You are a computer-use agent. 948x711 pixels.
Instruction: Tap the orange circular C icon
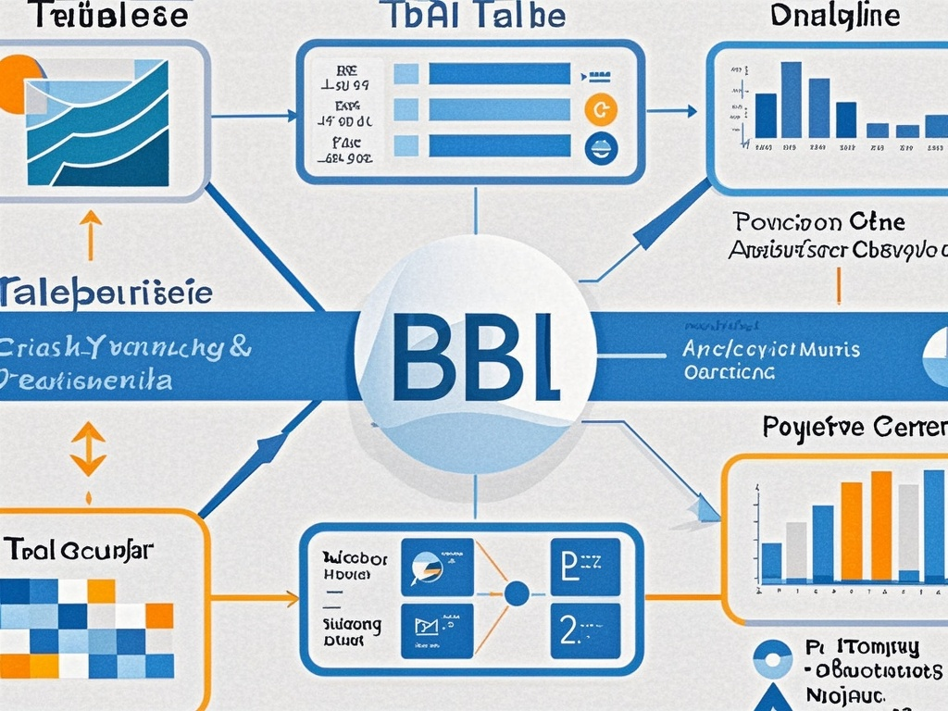[601, 110]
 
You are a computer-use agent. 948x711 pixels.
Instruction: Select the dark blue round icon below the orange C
[601, 147]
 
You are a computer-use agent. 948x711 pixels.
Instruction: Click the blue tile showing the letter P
[585, 566]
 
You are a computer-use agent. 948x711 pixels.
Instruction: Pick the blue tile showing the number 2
[585, 630]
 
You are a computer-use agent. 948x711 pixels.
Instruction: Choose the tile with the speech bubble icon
[436, 566]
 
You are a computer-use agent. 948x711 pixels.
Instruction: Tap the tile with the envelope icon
[436, 630]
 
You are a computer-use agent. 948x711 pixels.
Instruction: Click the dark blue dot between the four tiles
[517, 592]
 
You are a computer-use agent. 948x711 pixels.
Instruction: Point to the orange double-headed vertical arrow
[88, 449]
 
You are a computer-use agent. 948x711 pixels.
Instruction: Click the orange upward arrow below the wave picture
[90, 234]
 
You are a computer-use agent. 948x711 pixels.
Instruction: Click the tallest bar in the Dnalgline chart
[791, 99]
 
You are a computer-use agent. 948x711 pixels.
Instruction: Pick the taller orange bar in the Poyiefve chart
[881, 525]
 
